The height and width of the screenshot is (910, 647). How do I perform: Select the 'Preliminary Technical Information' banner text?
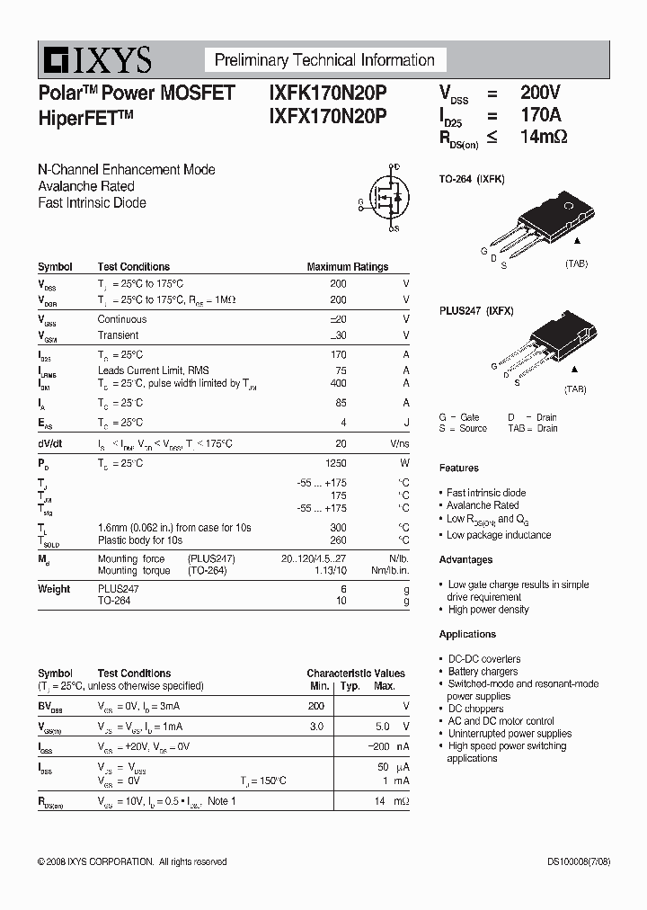coord(324,60)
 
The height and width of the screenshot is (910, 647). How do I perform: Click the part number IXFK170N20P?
coord(327,93)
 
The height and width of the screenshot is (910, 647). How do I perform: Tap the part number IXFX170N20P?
coord(327,115)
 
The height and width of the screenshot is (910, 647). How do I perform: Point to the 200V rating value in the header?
coord(540,93)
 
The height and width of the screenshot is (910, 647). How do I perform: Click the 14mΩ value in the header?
coord(544,137)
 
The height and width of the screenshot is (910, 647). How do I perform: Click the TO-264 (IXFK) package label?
coord(472,179)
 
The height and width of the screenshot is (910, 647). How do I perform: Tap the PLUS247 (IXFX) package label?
coord(476,310)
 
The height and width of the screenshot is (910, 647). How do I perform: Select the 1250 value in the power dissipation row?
coord(335,463)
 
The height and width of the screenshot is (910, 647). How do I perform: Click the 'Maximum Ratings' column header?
coord(347,267)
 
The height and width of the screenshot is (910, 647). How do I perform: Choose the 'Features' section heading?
coord(458,468)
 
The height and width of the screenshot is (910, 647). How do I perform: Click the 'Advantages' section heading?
coord(465,559)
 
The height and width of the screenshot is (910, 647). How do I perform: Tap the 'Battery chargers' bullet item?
coord(483,672)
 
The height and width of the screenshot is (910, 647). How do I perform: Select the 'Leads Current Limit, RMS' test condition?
coord(153,370)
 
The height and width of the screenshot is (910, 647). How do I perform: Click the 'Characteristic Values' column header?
coord(356,674)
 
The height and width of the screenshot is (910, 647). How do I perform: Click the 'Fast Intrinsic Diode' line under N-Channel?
coord(92,203)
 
